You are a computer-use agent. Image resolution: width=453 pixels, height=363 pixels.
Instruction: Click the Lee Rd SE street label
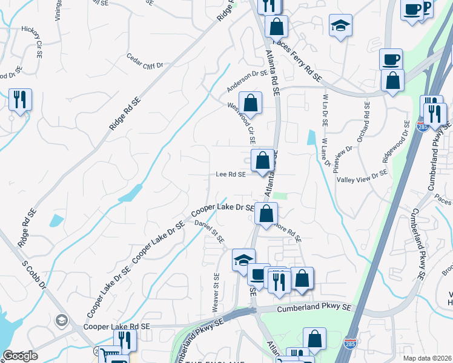click(x=231, y=174)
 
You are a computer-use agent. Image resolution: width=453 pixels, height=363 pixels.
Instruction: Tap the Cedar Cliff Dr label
click(x=145, y=61)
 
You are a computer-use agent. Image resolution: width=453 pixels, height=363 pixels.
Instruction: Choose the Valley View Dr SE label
click(x=362, y=174)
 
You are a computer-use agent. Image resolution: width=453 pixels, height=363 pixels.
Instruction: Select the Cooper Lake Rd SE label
click(x=121, y=327)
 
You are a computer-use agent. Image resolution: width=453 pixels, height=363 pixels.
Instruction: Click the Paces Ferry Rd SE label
click(x=297, y=60)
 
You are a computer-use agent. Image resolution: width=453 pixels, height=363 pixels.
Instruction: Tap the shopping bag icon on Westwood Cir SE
click(x=250, y=103)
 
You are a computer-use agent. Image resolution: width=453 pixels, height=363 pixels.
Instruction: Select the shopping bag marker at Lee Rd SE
click(x=262, y=161)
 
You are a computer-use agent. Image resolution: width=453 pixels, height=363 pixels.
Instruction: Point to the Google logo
click(x=19, y=356)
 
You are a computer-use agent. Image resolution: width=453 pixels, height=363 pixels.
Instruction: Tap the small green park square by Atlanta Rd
click(x=279, y=195)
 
